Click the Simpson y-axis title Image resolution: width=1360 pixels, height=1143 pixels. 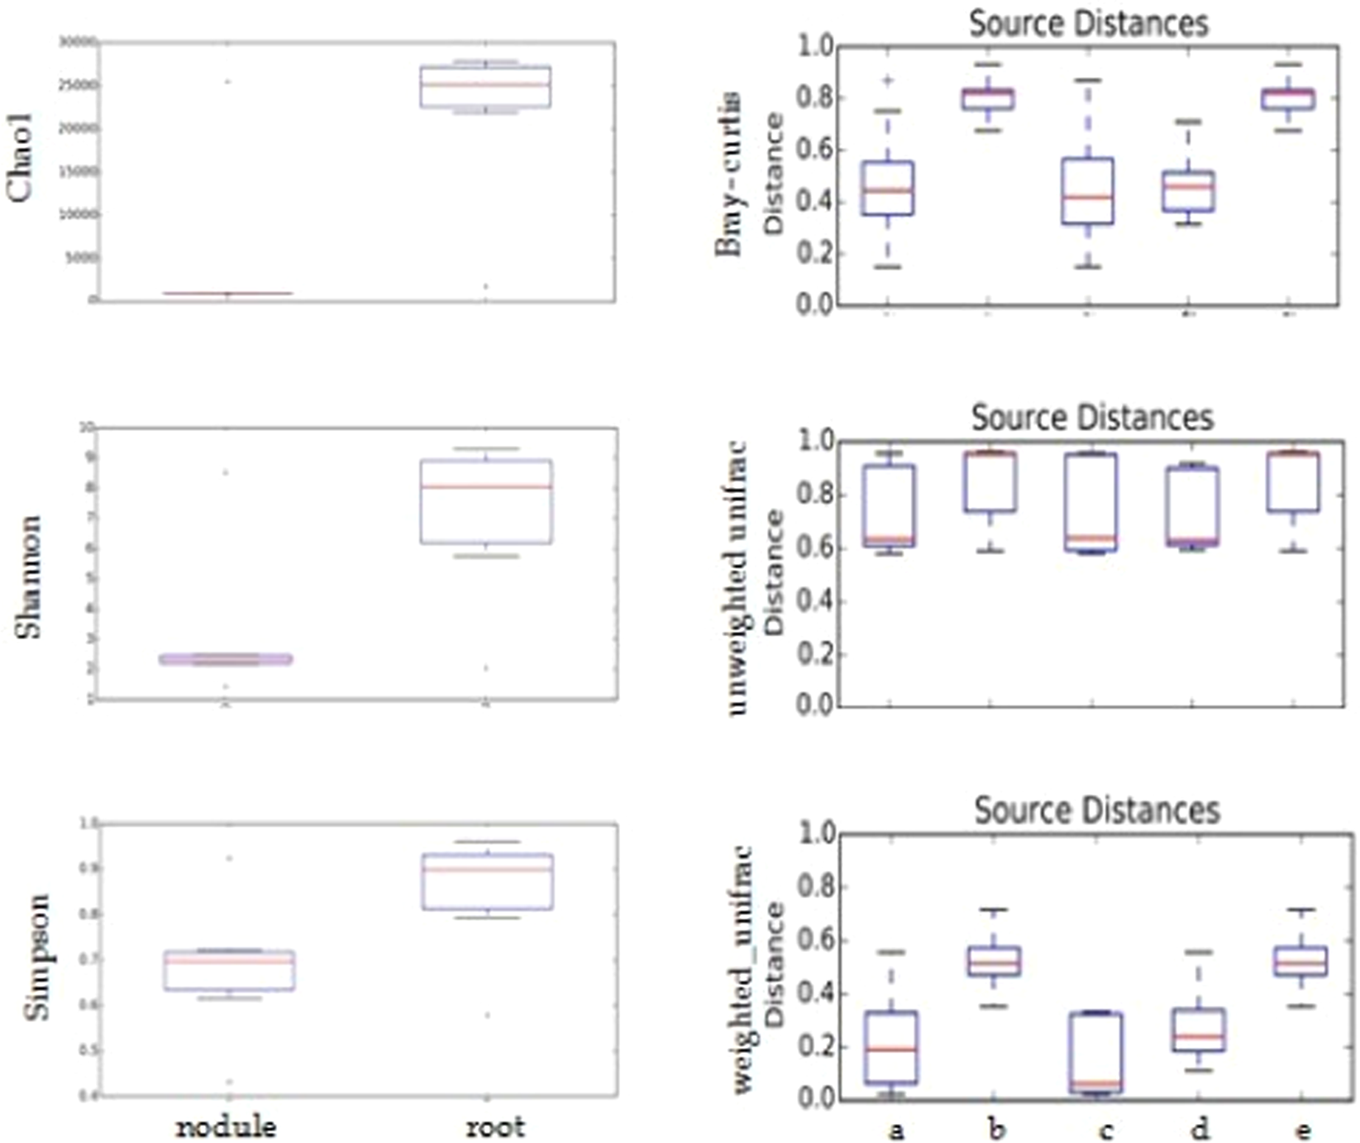point(36,956)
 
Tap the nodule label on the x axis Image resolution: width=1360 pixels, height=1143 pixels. point(226,1126)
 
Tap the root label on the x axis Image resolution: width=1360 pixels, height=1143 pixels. point(494,1126)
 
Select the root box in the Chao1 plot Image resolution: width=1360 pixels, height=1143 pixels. point(485,87)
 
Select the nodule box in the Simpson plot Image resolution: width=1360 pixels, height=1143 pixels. point(229,970)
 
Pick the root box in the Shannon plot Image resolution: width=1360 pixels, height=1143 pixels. point(486,501)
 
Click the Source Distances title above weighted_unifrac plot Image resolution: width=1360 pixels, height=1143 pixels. point(1096,810)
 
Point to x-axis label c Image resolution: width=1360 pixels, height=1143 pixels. point(1105,1130)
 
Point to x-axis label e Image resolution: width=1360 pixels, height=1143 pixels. point(1303,1130)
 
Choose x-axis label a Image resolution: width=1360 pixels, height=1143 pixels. point(896,1130)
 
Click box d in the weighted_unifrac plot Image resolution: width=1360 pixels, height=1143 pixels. point(1198,1030)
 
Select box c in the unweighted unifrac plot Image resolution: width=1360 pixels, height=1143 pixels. point(1091,502)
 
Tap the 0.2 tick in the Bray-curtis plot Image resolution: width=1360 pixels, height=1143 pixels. point(814,253)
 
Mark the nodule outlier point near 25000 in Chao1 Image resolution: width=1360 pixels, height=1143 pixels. point(227,81)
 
